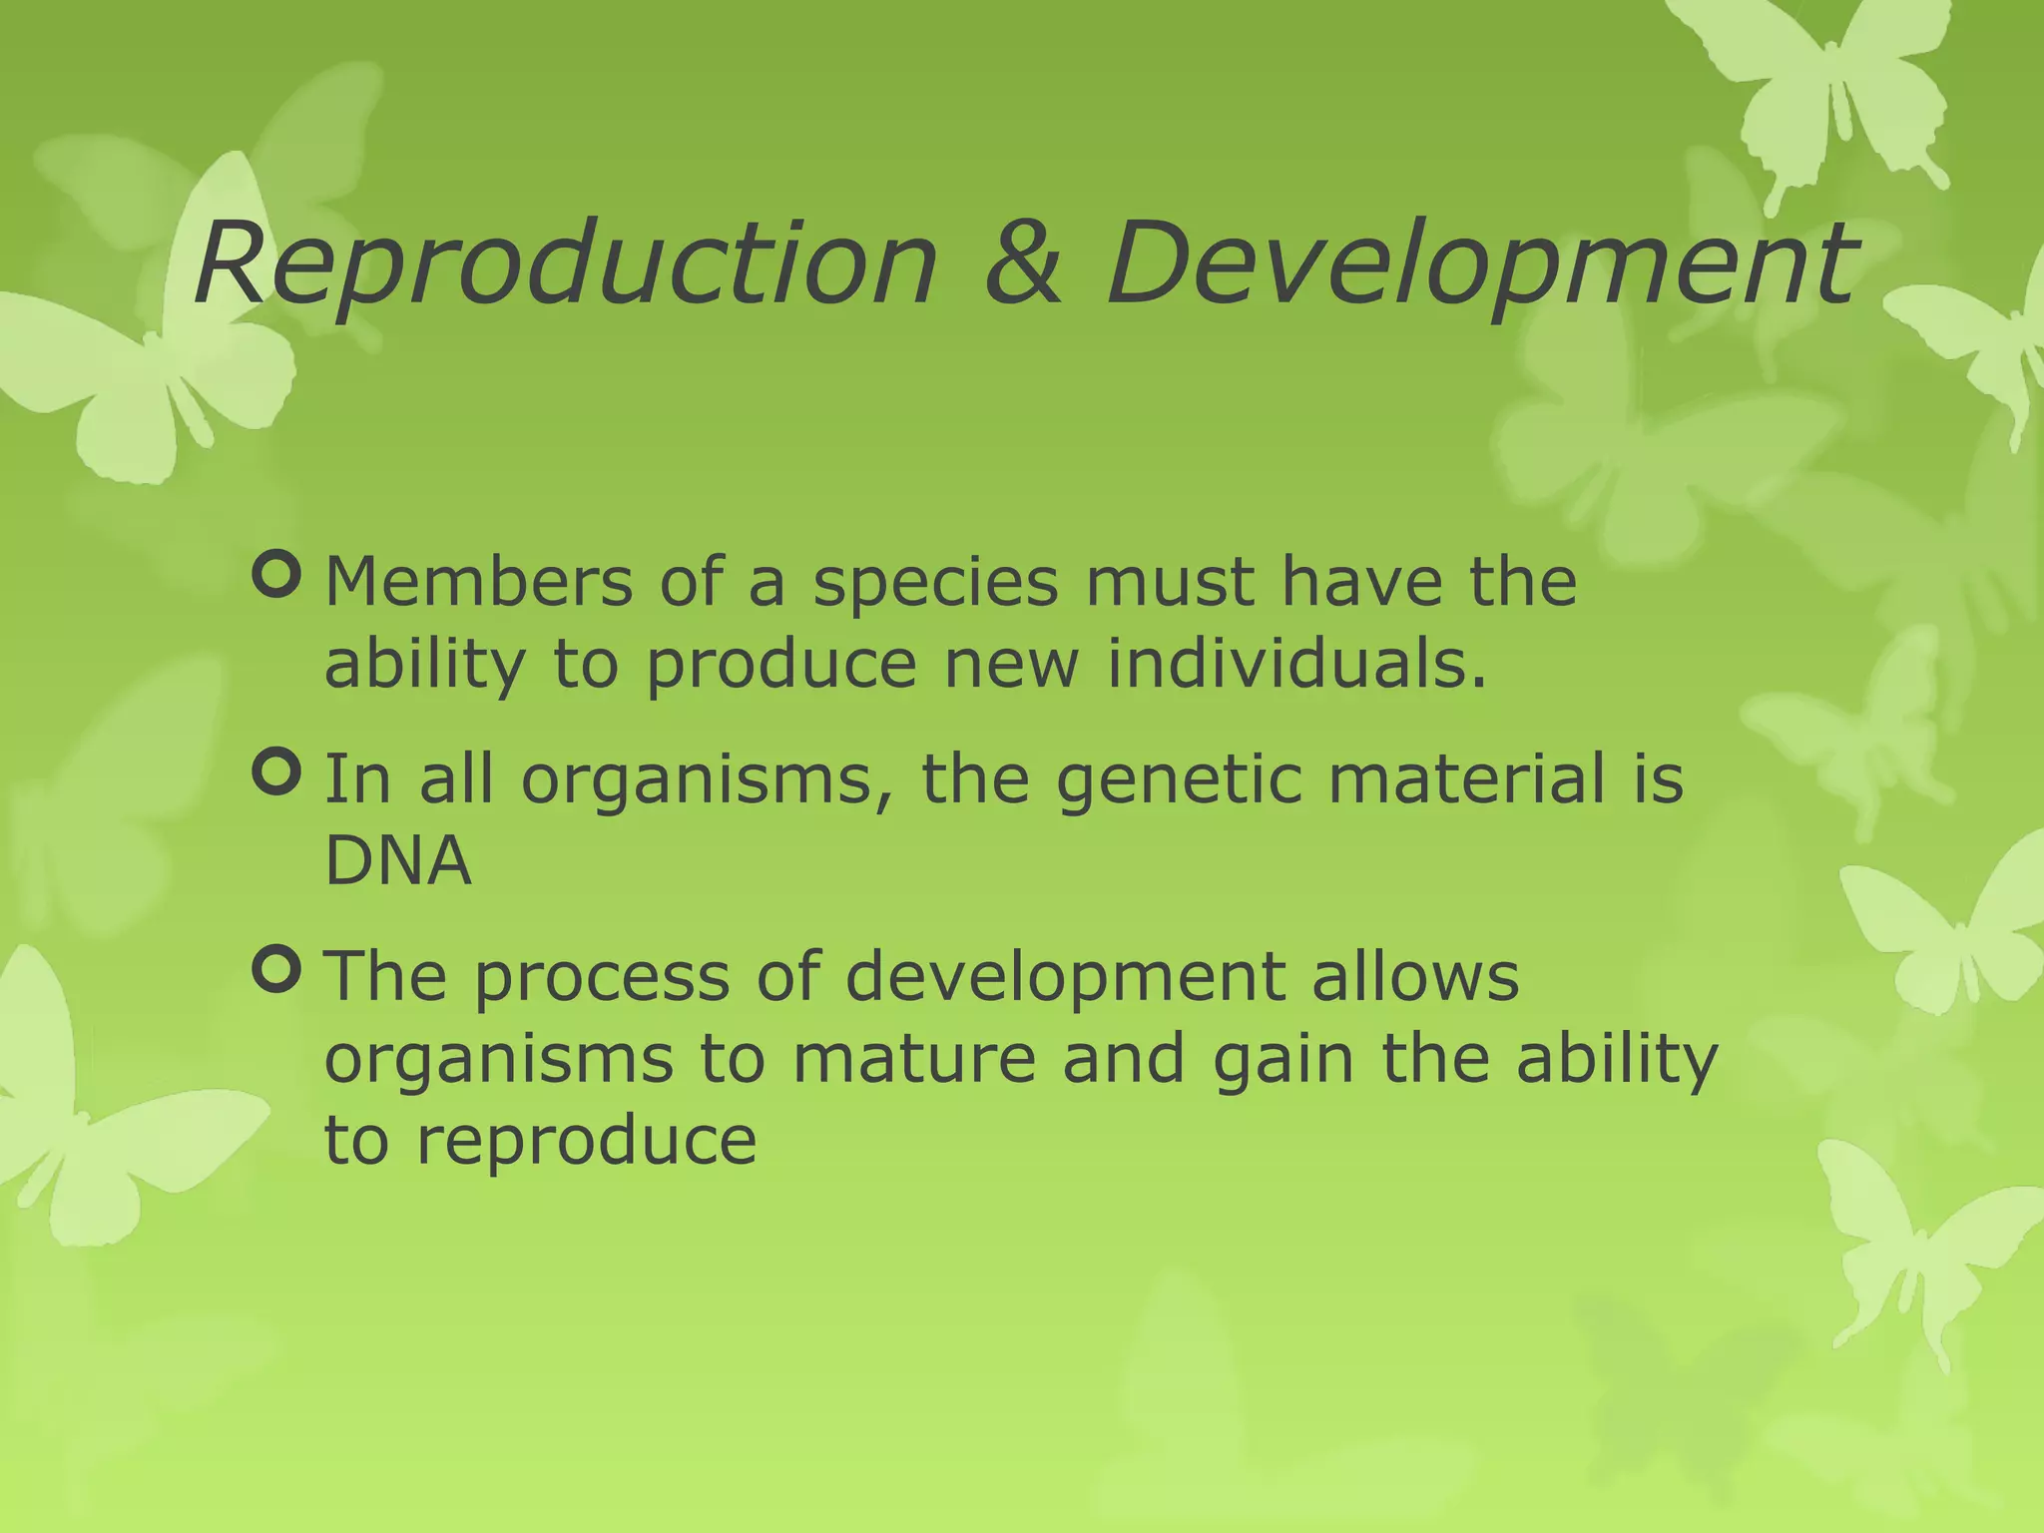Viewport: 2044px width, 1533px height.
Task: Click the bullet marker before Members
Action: [276, 576]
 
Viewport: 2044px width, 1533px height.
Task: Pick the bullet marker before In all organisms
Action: [276, 772]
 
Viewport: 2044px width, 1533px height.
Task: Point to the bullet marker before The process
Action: [276, 970]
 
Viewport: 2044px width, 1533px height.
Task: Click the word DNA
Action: [397, 860]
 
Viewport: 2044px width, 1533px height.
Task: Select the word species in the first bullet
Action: [934, 583]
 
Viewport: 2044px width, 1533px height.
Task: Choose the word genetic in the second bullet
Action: [1179, 780]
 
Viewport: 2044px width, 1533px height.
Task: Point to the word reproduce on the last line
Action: [586, 1142]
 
